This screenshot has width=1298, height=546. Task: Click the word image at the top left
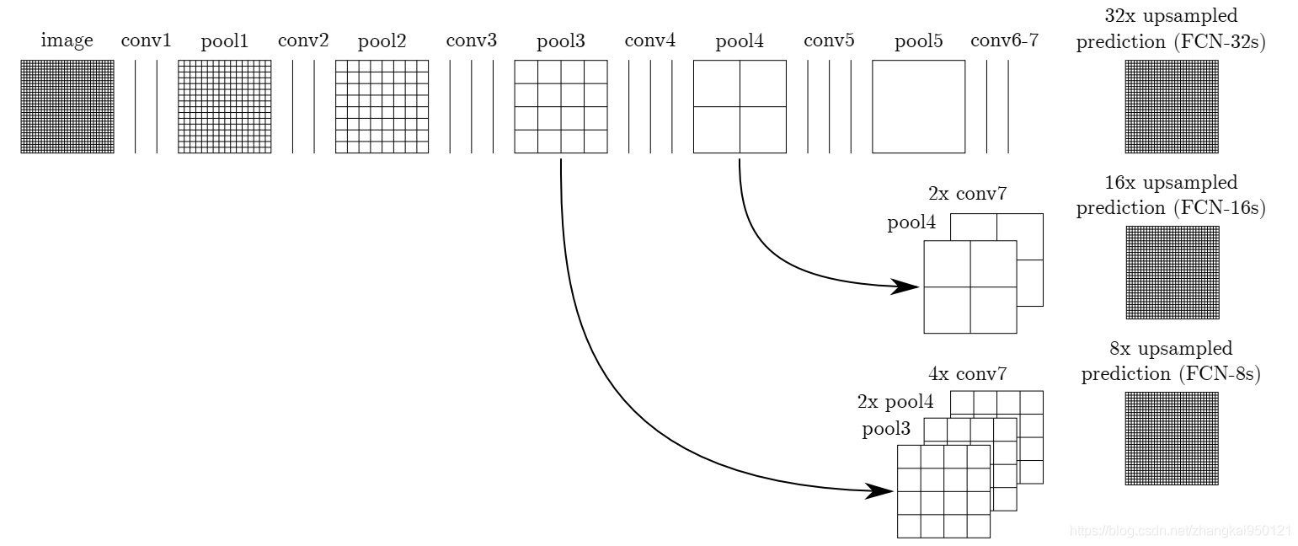[x=67, y=40]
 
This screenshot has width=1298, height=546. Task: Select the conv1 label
[x=146, y=40]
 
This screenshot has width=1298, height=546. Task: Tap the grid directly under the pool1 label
[x=224, y=106]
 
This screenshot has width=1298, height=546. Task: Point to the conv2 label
[x=303, y=40]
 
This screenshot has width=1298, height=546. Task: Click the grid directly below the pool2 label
[x=382, y=106]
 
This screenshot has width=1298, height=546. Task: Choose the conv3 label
[x=471, y=40]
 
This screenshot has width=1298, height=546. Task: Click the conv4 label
[x=650, y=40]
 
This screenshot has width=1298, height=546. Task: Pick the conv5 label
[x=829, y=40]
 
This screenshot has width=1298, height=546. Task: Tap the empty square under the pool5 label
[x=918, y=106]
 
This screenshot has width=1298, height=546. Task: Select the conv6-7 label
[x=1004, y=40]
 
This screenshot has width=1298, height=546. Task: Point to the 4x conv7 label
[x=966, y=373]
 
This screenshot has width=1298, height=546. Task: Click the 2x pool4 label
[x=895, y=401]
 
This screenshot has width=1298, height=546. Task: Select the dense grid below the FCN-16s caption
[x=1172, y=272]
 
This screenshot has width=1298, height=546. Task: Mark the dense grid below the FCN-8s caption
[x=1172, y=438]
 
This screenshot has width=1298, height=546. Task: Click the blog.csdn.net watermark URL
[x=1179, y=531]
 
